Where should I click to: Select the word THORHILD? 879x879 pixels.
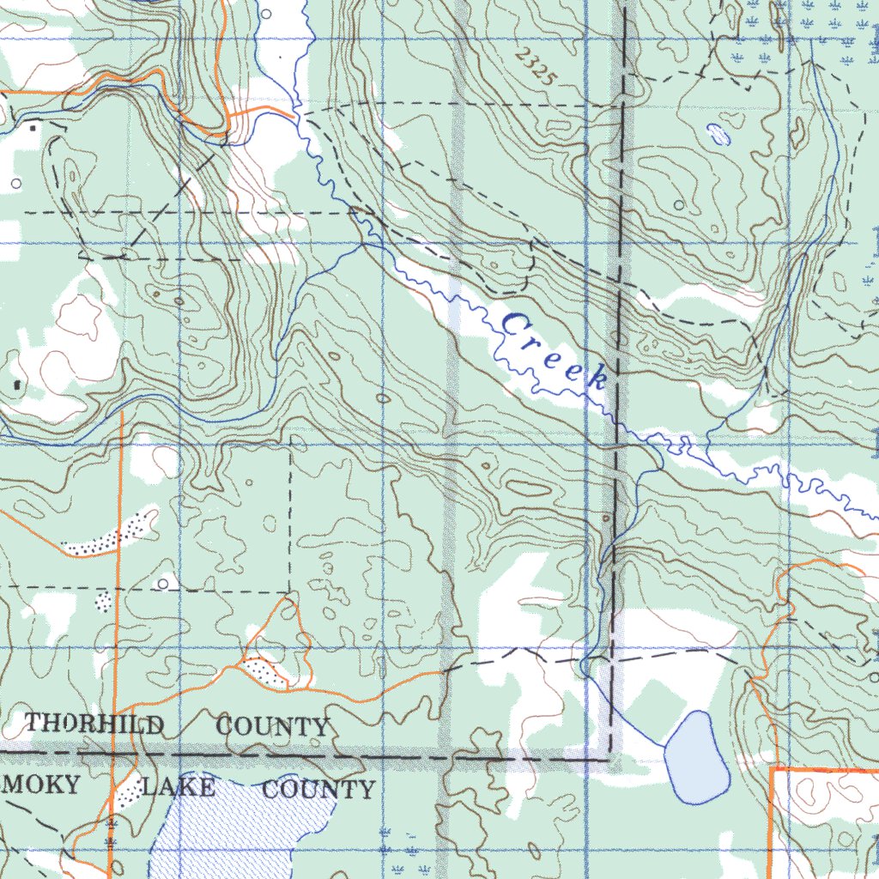(x=94, y=724)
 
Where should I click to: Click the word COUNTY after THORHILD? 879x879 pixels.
(x=272, y=727)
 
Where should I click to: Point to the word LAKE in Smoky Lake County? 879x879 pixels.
(x=179, y=786)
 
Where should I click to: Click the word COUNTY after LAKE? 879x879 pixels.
(x=318, y=790)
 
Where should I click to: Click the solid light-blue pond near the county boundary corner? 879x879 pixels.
(x=698, y=756)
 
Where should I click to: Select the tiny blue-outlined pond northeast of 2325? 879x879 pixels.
(x=717, y=133)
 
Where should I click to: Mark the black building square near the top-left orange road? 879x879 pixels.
(x=33, y=127)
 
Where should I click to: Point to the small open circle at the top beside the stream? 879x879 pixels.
(x=265, y=14)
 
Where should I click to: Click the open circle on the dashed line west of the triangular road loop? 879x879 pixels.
(x=163, y=584)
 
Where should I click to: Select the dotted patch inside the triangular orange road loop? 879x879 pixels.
(x=264, y=670)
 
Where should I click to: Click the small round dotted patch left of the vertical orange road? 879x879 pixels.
(x=103, y=601)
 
